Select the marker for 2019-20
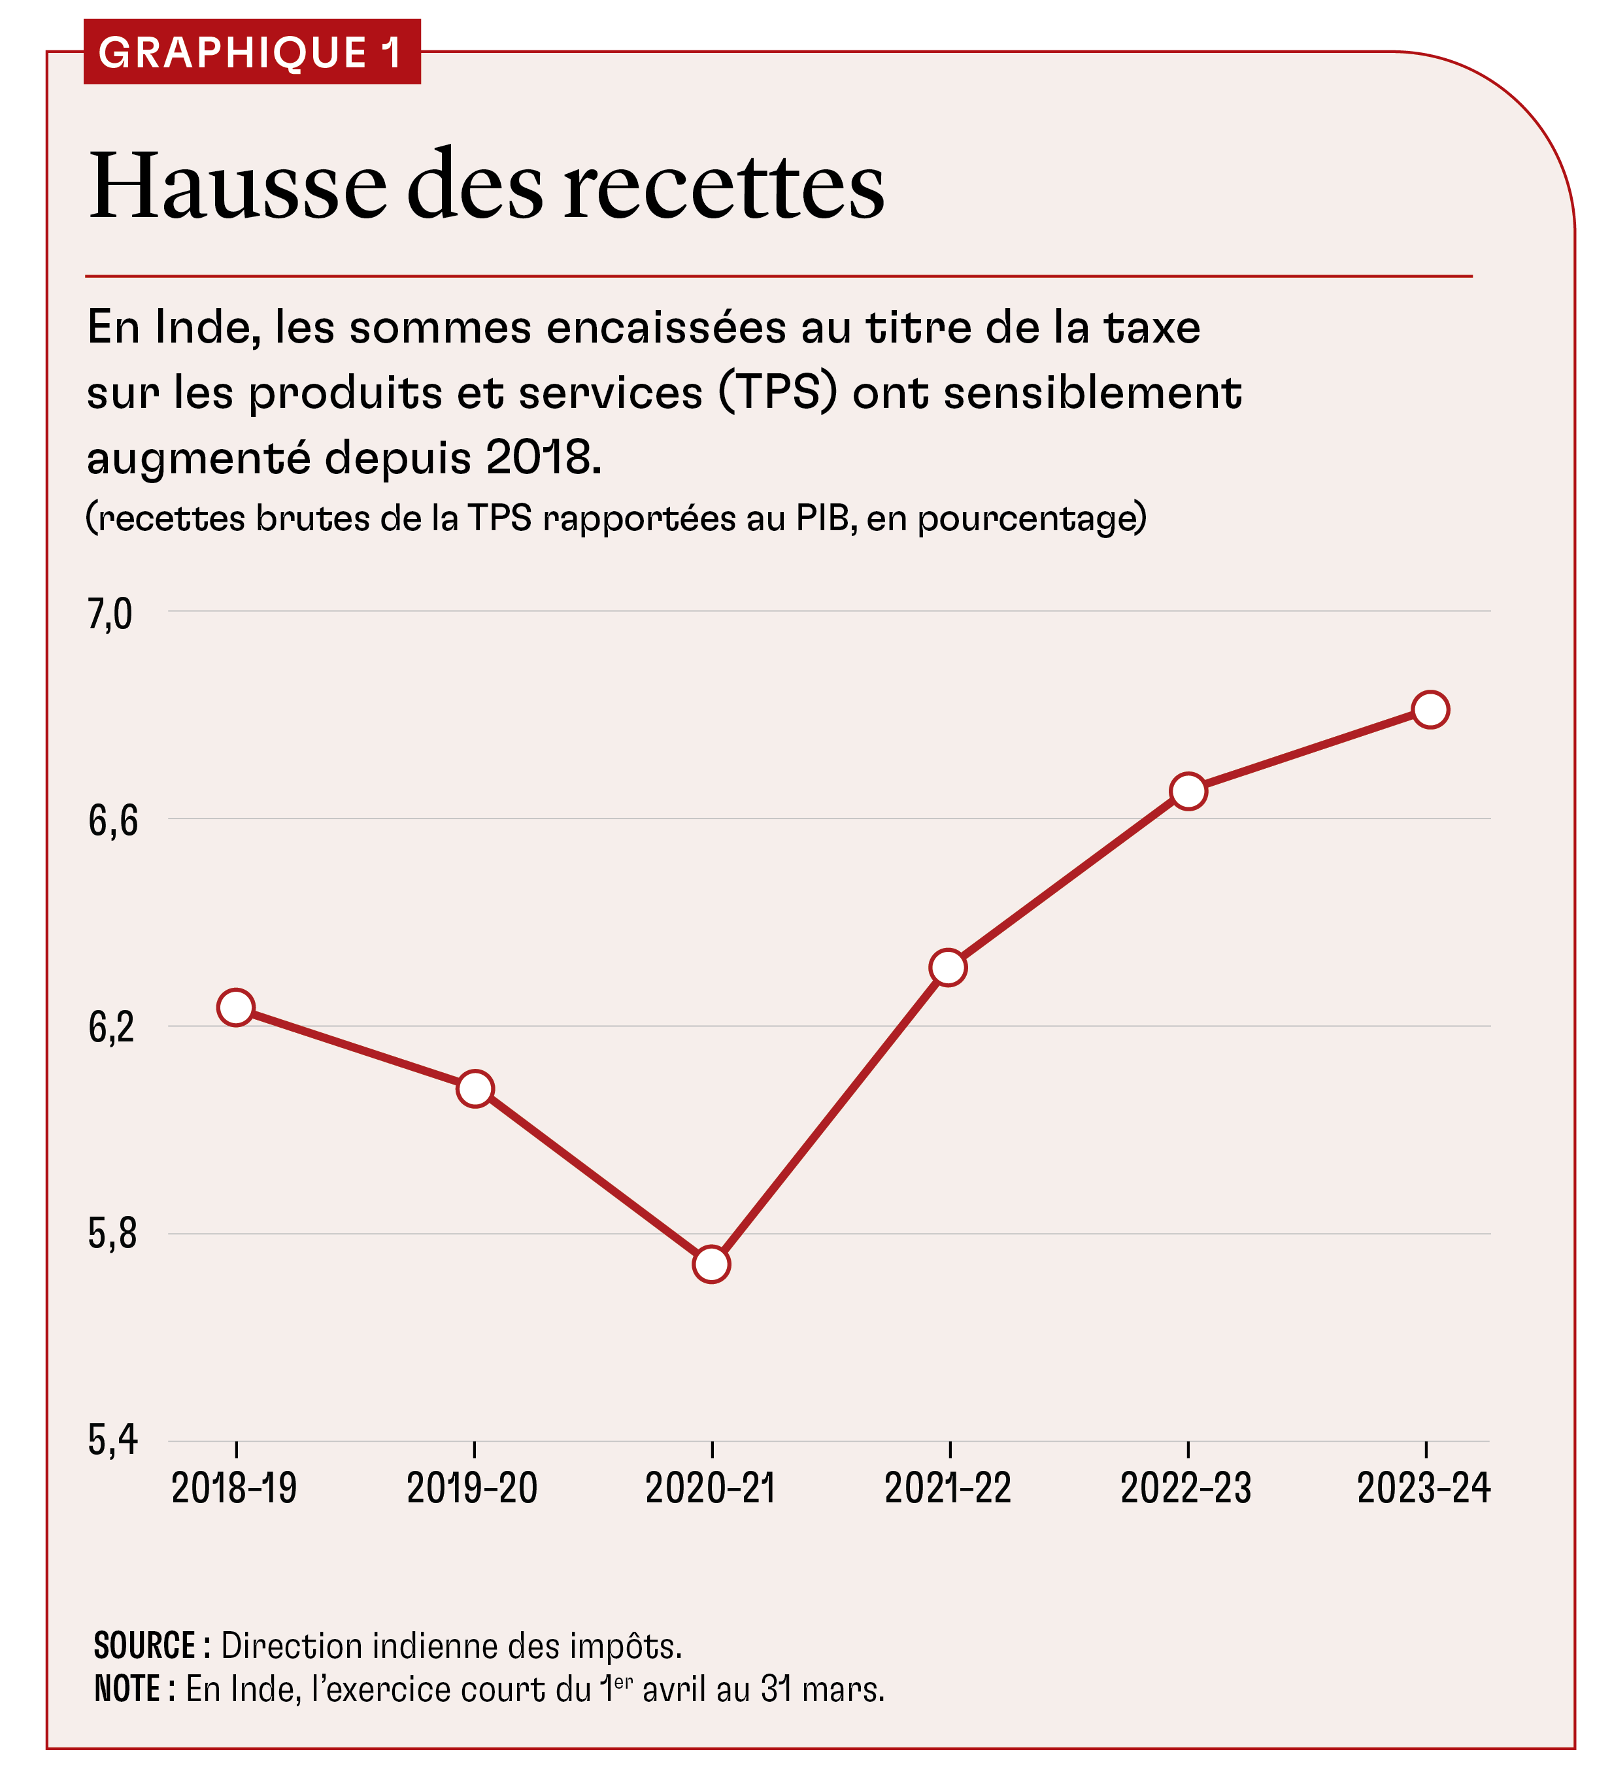tap(475, 1089)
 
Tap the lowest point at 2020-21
tap(711, 1264)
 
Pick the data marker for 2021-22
tap(949, 967)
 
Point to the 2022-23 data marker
tap(1188, 791)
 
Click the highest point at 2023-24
tap(1430, 709)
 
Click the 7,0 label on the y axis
tap(110, 614)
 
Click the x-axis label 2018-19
tap(234, 1488)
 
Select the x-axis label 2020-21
tap(711, 1488)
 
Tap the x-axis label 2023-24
tap(1423, 1488)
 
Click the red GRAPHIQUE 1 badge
tap(252, 52)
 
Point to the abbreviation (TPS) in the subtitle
tap(777, 392)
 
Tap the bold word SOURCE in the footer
tap(144, 1646)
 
